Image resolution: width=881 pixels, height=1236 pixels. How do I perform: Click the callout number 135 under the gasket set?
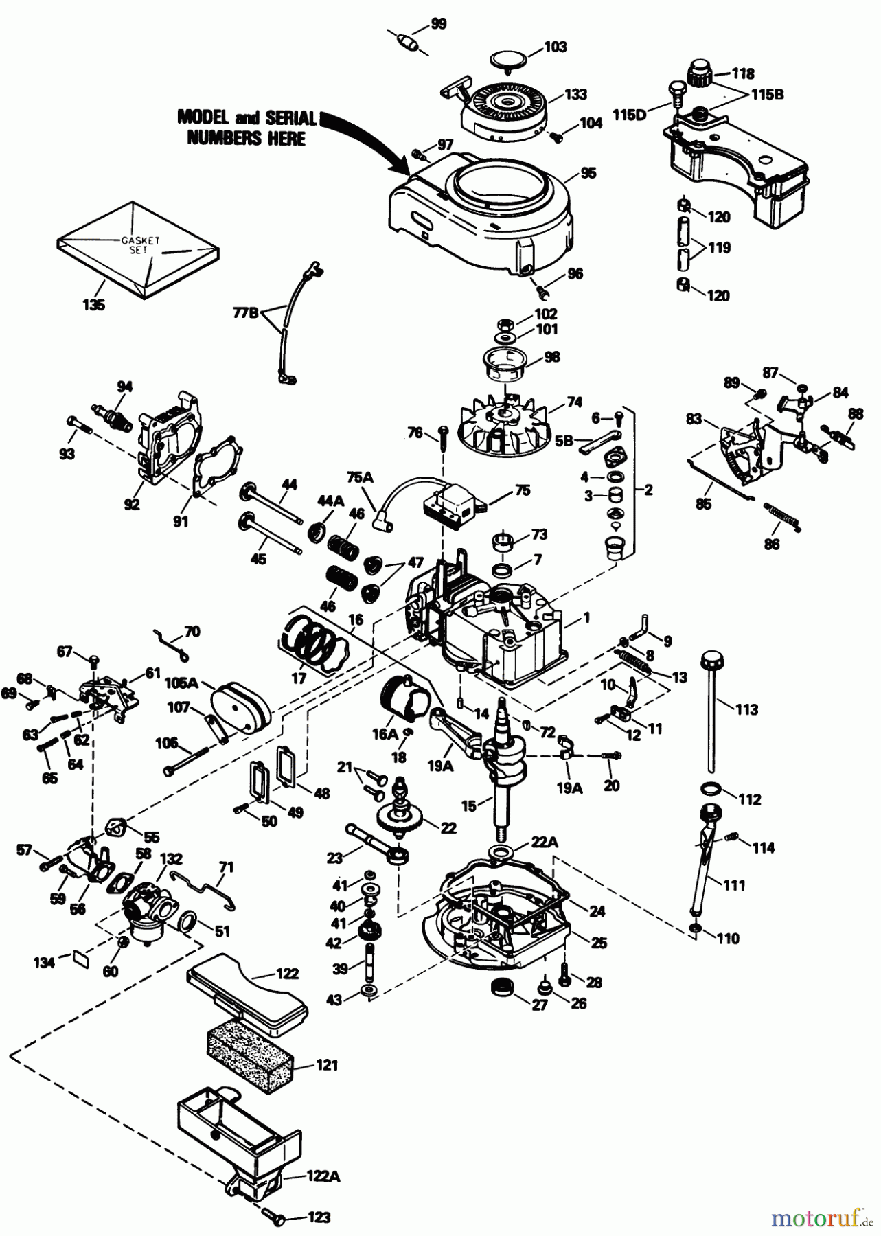[x=93, y=305]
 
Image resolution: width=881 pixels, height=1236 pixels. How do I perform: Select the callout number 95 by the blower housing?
[x=588, y=173]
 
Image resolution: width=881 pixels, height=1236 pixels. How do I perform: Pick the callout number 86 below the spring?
[x=773, y=545]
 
